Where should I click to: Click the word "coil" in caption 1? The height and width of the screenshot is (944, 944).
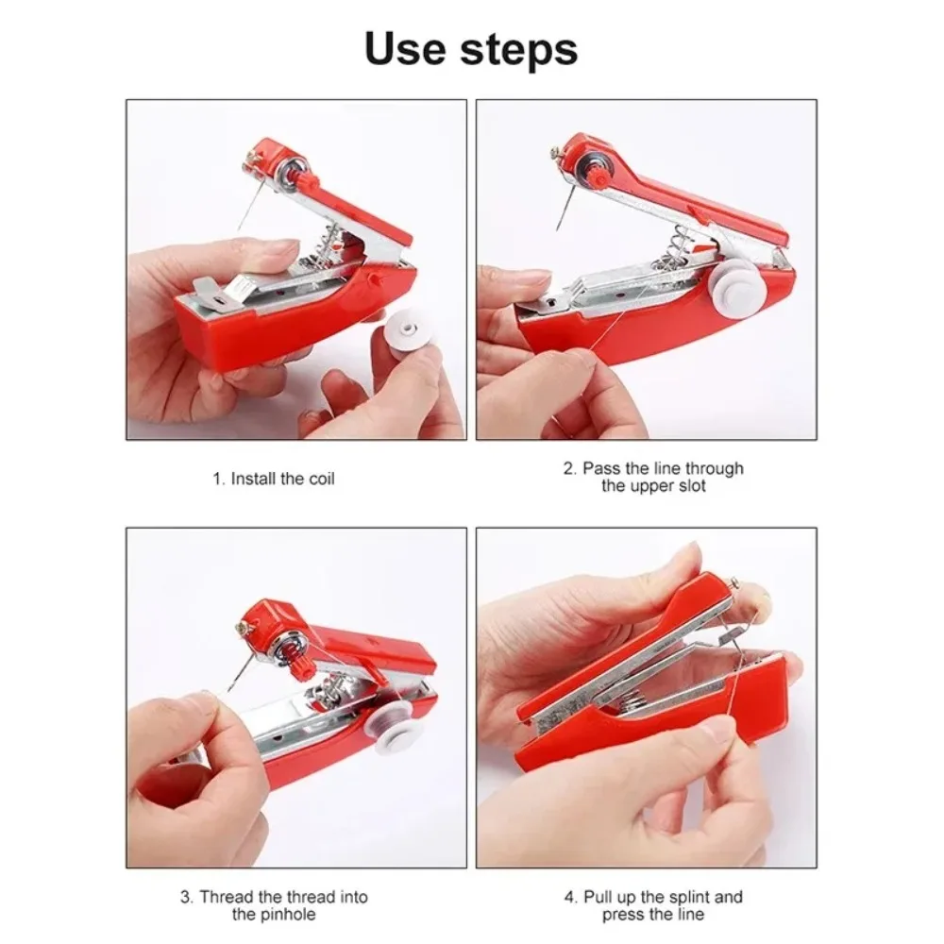click(x=320, y=479)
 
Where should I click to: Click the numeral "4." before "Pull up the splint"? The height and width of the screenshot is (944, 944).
click(x=571, y=897)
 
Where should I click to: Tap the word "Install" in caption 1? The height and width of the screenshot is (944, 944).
click(x=255, y=479)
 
